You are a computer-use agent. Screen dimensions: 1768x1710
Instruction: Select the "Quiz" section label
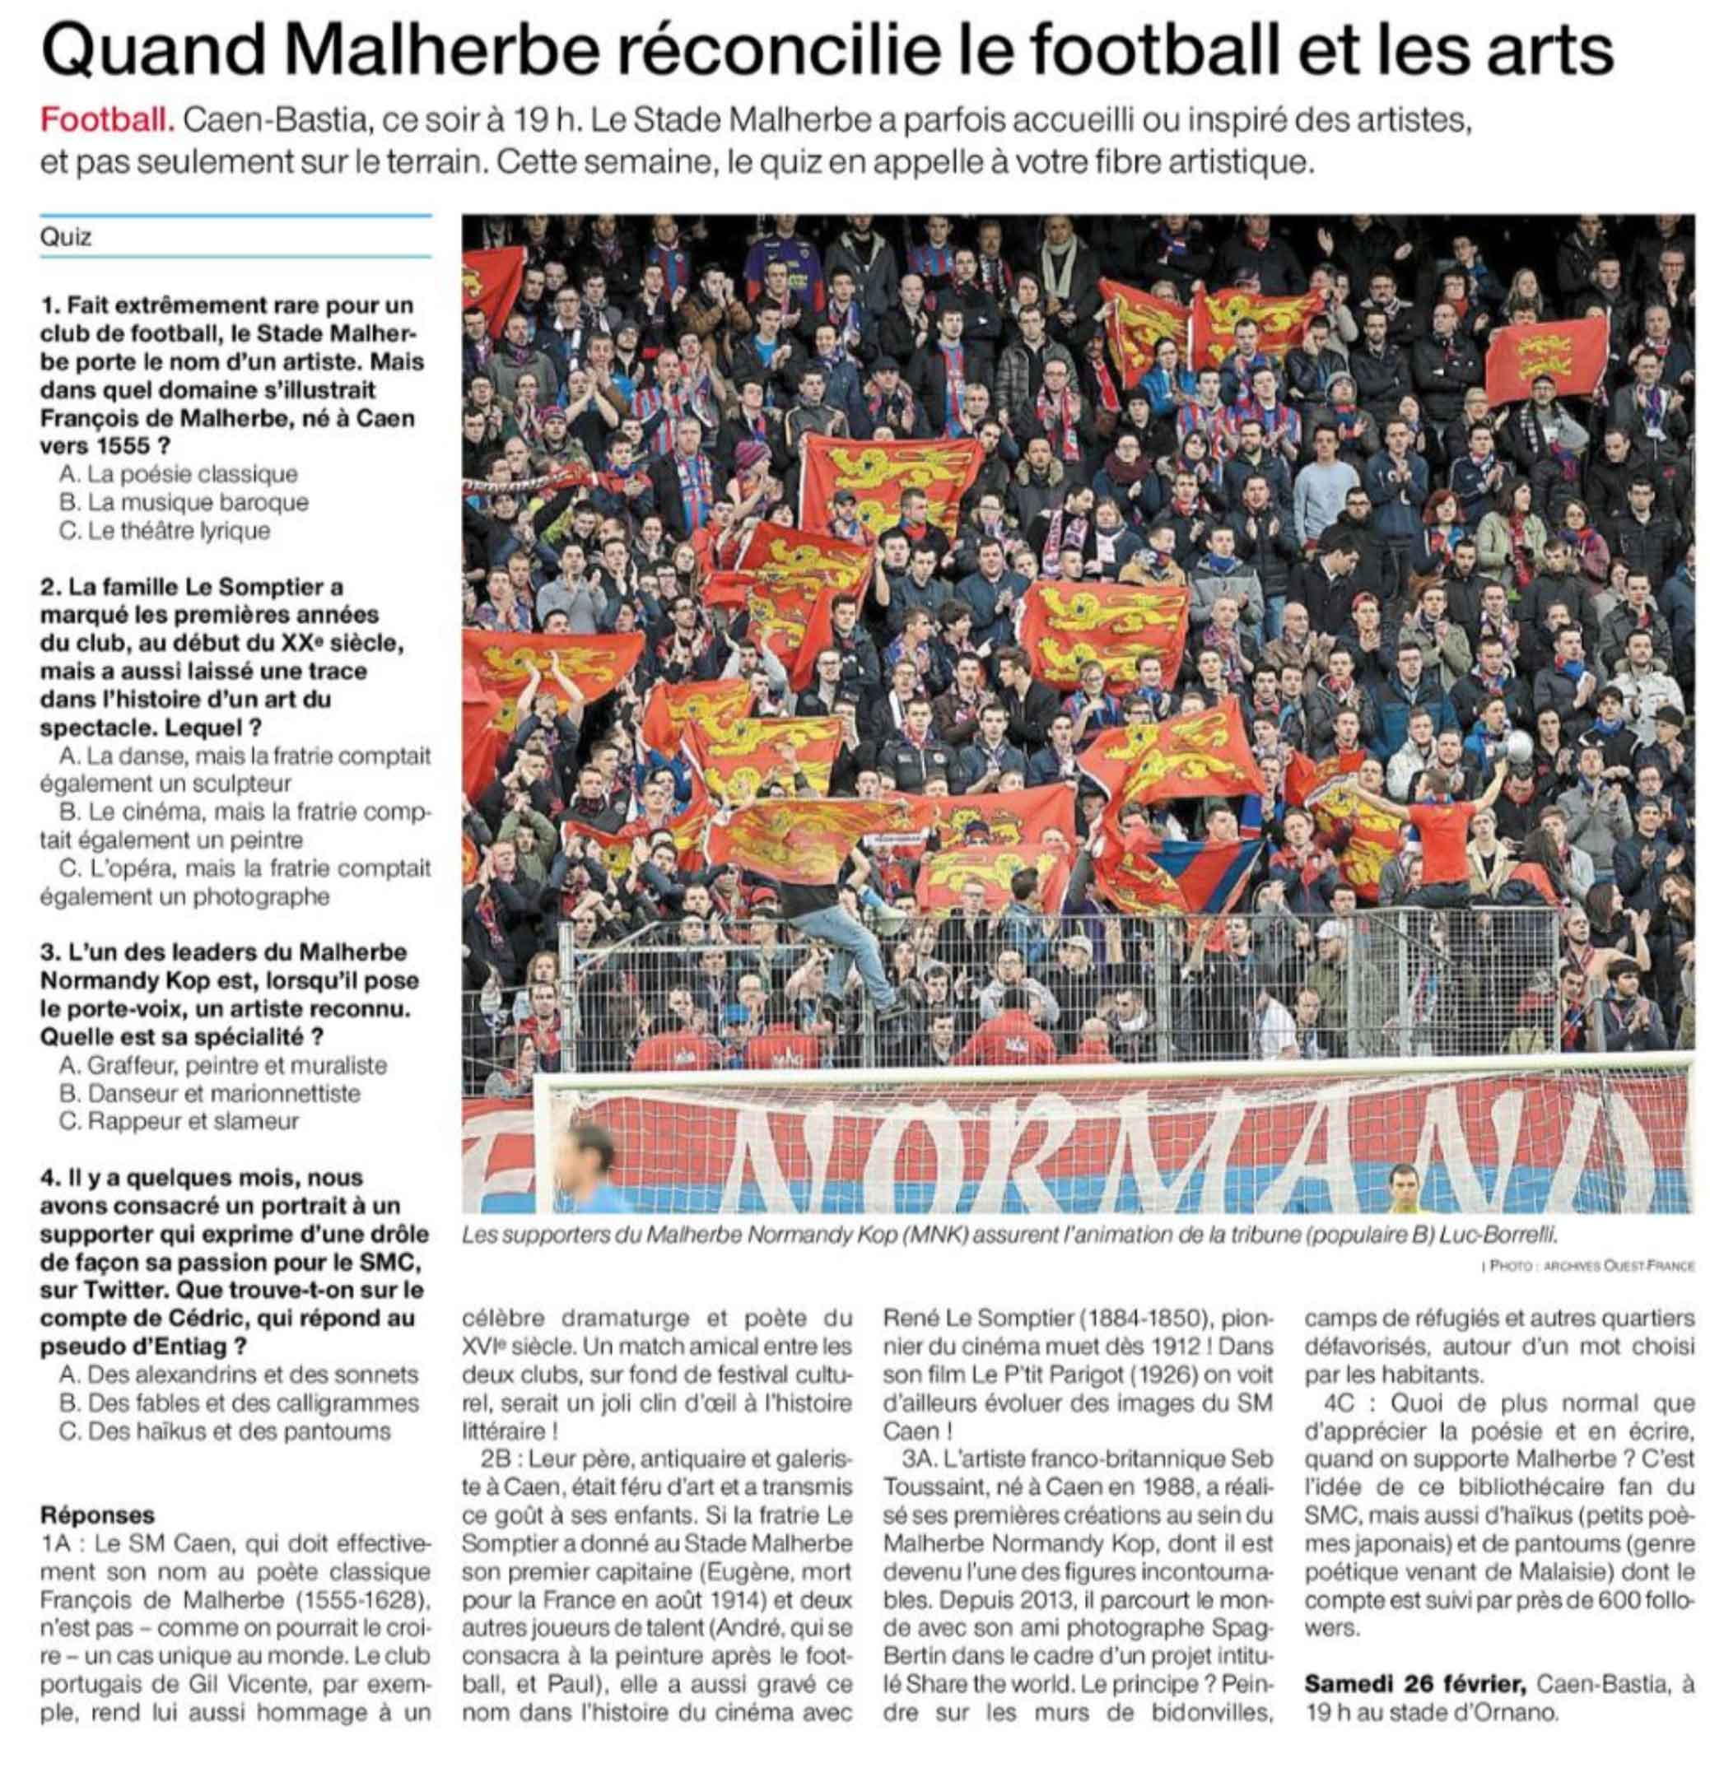[x=66, y=237]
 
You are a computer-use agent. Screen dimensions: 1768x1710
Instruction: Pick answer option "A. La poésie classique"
[x=178, y=473]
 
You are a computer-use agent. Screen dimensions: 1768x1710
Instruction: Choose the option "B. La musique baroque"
[x=183, y=501]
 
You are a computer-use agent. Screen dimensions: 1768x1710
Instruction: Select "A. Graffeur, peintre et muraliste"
[x=222, y=1064]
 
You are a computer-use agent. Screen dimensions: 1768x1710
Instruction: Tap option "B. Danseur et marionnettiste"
[x=209, y=1092]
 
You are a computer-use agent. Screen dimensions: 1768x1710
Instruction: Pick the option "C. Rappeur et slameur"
[x=179, y=1120]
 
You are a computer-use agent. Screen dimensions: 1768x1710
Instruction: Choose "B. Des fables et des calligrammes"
[x=238, y=1403]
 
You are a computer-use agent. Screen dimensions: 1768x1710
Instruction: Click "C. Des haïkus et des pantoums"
[x=225, y=1431]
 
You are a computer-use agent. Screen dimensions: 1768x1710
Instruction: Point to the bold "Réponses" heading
[x=97, y=1514]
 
